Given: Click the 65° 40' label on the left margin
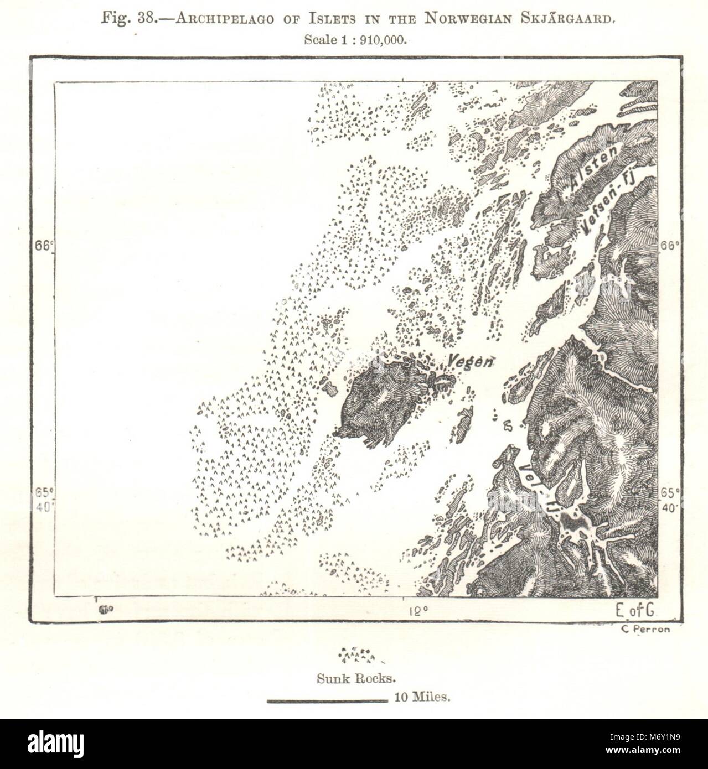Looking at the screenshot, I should (x=43, y=498).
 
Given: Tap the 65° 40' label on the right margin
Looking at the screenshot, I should (x=669, y=500).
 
